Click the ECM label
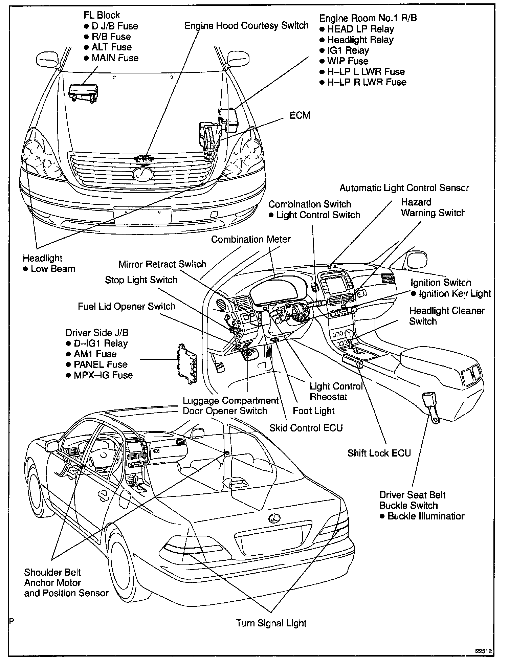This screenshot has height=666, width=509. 300,116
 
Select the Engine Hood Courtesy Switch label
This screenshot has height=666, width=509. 246,26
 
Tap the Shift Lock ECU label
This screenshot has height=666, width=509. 379,453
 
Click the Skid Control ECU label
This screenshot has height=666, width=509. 306,428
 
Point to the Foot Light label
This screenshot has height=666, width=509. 313,410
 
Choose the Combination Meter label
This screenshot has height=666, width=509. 251,239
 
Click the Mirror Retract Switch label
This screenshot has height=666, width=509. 162,264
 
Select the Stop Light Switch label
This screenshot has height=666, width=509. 141,280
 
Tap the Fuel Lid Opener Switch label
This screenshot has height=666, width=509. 127,306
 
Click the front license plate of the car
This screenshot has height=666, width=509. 142,215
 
